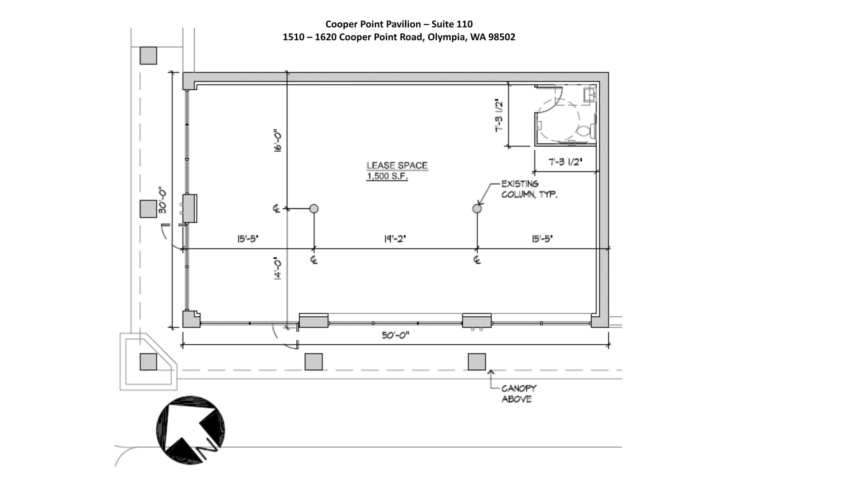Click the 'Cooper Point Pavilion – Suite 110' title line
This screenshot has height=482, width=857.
[x=399, y=24]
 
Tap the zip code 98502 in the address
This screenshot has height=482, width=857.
[x=502, y=37]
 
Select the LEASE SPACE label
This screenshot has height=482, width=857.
[x=397, y=166]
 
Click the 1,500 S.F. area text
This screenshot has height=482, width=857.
[x=387, y=176]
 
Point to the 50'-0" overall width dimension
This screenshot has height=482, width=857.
[x=395, y=335]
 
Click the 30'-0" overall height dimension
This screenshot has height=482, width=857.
[x=162, y=200]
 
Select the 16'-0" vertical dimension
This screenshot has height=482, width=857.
[x=278, y=140]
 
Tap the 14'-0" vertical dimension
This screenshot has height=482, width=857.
[x=278, y=268]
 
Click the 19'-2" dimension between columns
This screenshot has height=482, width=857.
[x=395, y=239]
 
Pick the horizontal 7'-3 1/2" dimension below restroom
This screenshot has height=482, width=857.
[x=565, y=162]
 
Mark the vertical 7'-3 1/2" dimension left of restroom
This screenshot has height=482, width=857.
[x=499, y=116]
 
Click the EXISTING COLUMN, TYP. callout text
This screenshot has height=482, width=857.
[x=529, y=189]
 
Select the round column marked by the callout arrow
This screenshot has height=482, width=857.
[x=477, y=208]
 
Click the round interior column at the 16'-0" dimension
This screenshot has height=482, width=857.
[x=314, y=208]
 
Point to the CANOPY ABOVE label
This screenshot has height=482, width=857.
[x=518, y=394]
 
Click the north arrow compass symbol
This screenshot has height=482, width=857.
[x=190, y=430]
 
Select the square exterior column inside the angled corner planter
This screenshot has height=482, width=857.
[x=148, y=362]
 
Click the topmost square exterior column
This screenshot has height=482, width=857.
[x=148, y=55]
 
